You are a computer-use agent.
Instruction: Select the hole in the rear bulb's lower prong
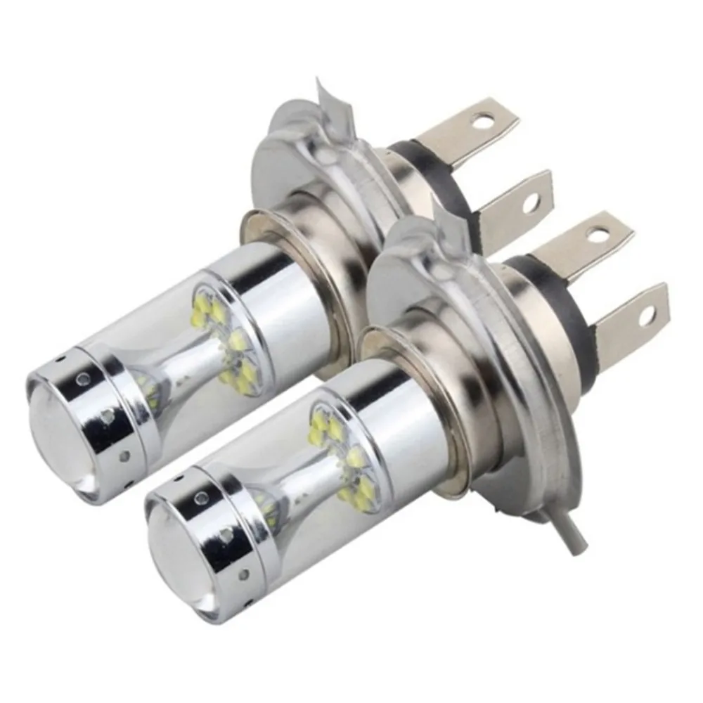click(x=530, y=202)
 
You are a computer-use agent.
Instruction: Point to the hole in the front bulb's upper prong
click(x=601, y=232)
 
